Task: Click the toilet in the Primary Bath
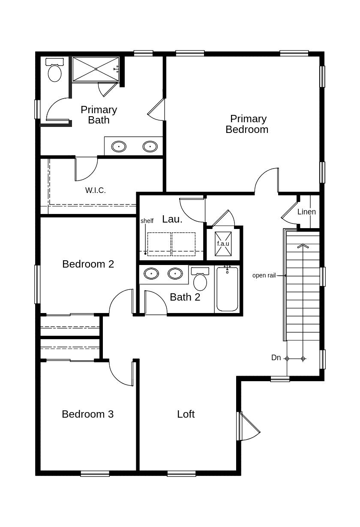(x=54, y=70)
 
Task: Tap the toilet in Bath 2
(x=200, y=279)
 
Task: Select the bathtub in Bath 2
(x=227, y=289)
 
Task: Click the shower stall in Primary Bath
(x=96, y=69)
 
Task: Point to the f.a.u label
(x=223, y=244)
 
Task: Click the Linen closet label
(x=306, y=212)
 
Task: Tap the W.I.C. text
(x=96, y=190)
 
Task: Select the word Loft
(x=186, y=414)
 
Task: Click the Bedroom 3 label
(x=88, y=414)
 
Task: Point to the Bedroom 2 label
(x=88, y=264)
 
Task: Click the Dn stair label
(x=276, y=358)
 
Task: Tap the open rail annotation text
(x=264, y=275)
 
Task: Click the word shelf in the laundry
(x=147, y=221)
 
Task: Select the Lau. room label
(x=172, y=219)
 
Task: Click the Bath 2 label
(x=185, y=297)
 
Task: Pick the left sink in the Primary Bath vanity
(x=119, y=146)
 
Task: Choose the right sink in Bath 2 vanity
(x=175, y=274)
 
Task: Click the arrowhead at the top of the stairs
(x=303, y=246)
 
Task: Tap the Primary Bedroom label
(x=247, y=124)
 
